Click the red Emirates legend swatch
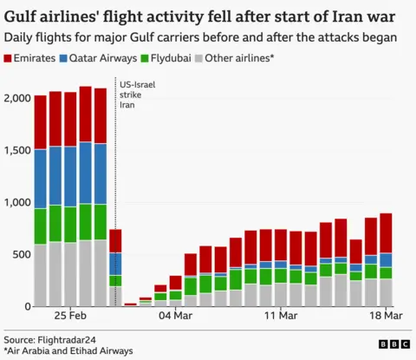pos(10,58)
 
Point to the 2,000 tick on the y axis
pos(16,98)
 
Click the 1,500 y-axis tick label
pos(16,150)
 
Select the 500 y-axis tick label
pos(22,254)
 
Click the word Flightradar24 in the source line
pos(68,337)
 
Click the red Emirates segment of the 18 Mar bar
pos(385,232)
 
